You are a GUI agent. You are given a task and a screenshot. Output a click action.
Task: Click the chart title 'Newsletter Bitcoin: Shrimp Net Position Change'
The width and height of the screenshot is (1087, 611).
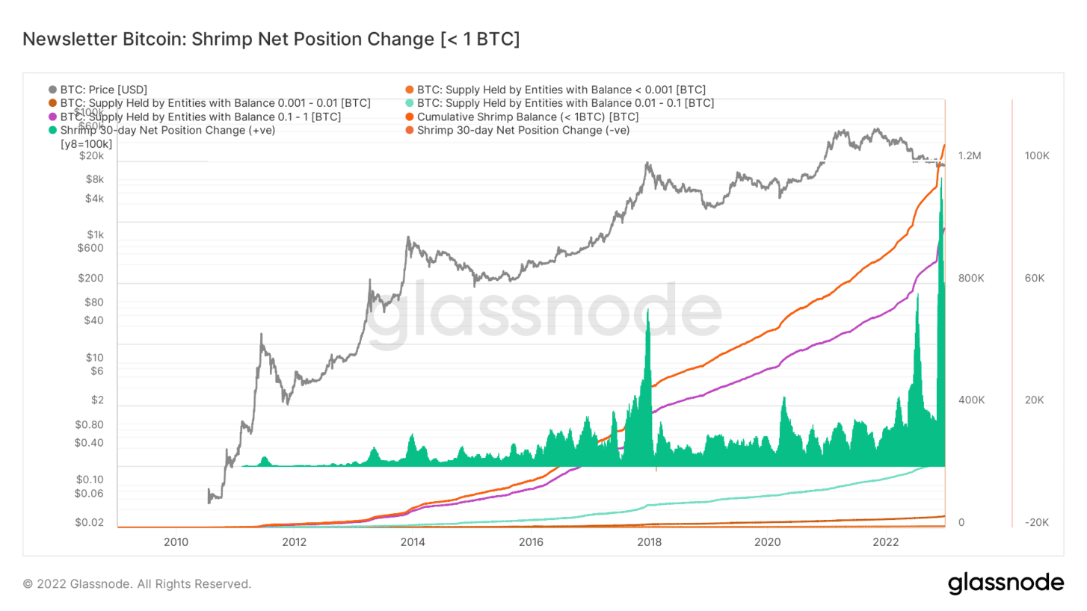[271, 40]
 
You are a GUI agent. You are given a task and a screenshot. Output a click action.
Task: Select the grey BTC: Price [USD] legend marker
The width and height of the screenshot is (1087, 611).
[52, 89]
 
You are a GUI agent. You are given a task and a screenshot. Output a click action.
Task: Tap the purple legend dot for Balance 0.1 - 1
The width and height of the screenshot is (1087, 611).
[52, 117]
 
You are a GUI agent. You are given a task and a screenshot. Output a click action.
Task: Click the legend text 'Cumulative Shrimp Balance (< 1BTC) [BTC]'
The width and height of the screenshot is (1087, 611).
[528, 117]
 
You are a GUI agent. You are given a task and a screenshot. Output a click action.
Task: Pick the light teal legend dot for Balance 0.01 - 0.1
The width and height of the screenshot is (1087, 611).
[409, 103]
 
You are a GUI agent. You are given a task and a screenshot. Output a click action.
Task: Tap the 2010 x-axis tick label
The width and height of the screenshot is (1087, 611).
[176, 541]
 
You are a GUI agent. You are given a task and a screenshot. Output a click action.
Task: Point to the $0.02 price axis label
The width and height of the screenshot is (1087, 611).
[90, 523]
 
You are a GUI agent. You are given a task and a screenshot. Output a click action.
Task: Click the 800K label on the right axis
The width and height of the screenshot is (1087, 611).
[970, 279]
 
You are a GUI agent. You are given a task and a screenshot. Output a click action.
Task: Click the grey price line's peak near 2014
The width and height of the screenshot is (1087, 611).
[407, 238]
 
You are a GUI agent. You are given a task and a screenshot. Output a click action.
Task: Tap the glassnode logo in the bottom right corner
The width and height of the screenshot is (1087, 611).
[1006, 583]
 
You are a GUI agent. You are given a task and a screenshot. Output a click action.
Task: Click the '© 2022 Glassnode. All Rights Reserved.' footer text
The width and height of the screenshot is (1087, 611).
[137, 584]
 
